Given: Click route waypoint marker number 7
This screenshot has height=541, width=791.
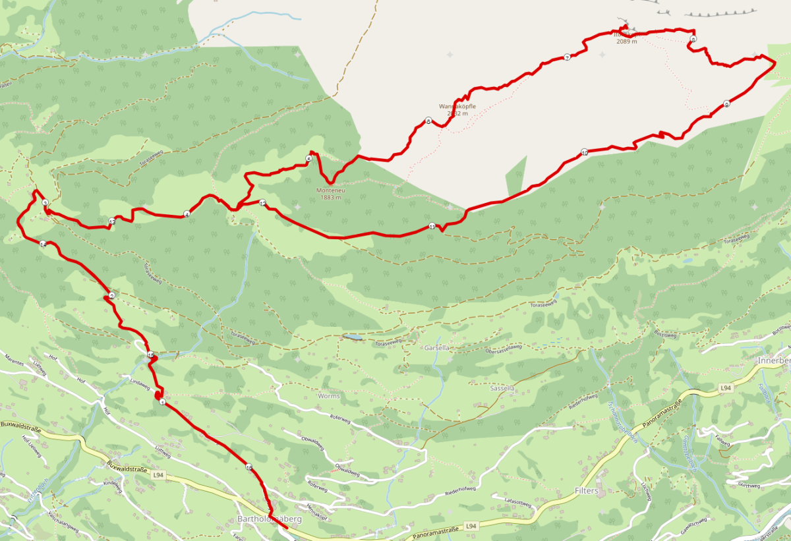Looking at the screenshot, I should tap(567, 57).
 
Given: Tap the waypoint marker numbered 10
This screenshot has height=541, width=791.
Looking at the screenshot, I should tap(585, 153).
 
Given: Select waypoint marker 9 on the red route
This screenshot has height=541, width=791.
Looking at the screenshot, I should tap(726, 104).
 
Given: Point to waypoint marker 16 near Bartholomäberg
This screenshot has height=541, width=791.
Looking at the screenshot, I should tap(249, 467).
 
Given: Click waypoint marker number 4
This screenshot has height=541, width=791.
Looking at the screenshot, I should tap(187, 214).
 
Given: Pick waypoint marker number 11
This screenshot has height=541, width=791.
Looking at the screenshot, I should tap(432, 226).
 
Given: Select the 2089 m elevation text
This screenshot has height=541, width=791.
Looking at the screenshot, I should tap(627, 42).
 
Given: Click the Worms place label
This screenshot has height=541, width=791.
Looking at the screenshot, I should tap(328, 396).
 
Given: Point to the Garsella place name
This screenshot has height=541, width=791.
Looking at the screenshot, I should tap(437, 347).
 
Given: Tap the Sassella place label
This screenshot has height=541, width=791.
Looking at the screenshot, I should tap(502, 389).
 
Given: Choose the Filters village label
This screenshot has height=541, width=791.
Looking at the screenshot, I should tap(586, 492).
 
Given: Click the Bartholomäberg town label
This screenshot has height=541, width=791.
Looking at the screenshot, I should tap(268, 519).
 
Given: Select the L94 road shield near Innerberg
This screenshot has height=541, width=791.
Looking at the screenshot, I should tap(726, 389).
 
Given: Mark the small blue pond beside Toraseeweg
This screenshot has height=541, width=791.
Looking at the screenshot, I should tap(351, 337).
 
